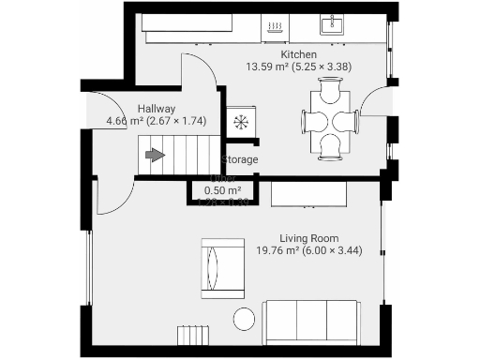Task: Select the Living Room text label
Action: point(309,238)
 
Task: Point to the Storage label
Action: point(240,160)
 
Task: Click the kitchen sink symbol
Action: point(333,24)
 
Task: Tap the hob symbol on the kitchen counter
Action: point(276,27)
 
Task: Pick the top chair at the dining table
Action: point(329,92)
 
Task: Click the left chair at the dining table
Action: point(311,120)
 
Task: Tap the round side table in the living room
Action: point(244,319)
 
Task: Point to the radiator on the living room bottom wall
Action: point(192,336)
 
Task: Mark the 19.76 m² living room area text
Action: point(309,250)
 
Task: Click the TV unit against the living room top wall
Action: point(309,194)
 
